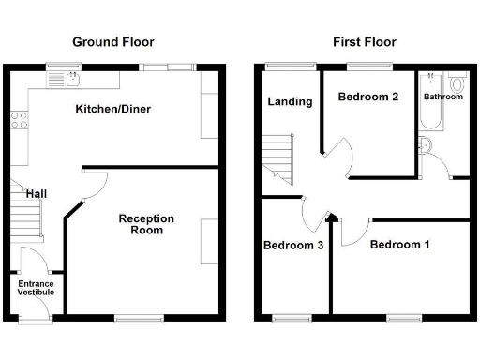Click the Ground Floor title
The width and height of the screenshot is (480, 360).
point(113,42)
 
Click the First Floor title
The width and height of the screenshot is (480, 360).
point(364,42)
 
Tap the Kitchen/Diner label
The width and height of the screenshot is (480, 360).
point(112,110)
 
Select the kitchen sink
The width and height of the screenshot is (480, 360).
point(72,80)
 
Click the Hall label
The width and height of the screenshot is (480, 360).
point(37,194)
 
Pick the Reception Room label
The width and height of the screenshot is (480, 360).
point(146,224)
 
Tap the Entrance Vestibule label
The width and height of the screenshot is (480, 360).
point(36,288)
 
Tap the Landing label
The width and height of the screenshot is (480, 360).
point(289,101)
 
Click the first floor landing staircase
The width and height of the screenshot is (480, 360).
point(278,157)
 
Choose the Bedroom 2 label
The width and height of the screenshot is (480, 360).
point(369,97)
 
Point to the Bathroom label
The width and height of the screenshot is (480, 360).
point(442,97)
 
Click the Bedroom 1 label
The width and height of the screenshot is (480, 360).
point(399,246)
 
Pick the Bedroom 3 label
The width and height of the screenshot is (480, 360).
point(293,246)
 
